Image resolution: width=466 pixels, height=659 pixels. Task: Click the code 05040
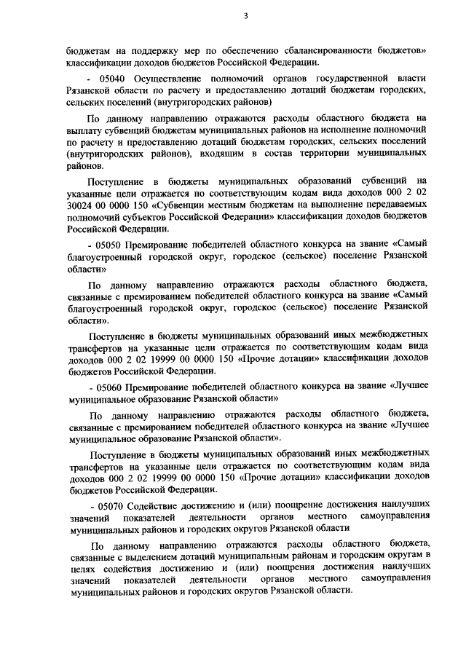[x=108, y=77]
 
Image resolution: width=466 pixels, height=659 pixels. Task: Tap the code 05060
[x=108, y=388]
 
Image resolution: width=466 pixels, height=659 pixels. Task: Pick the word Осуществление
[x=167, y=77]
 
